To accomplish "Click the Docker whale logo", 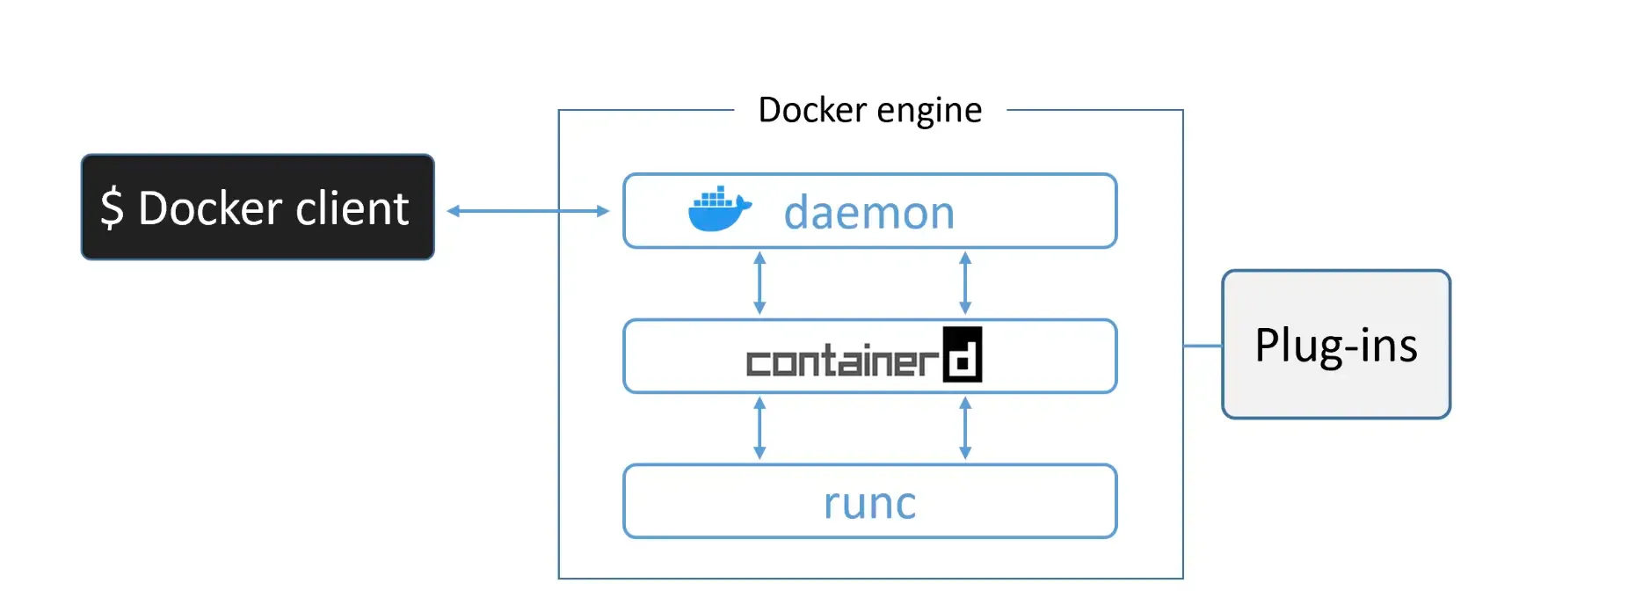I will point(718,210).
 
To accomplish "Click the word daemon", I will point(868,213).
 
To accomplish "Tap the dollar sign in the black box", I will point(112,208).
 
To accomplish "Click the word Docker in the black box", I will point(209,208).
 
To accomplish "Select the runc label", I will point(869,503).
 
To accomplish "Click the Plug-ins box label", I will point(1335,345).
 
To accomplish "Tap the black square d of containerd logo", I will point(963,355).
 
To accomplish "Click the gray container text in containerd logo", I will point(842,361).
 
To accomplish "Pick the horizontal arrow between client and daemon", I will point(527,211).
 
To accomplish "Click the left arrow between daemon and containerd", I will point(759,283).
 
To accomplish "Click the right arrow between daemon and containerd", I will point(965,283).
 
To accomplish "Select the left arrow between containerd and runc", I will point(759,428).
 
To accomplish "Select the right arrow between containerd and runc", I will point(965,428).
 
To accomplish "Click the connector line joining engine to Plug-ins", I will point(1203,346).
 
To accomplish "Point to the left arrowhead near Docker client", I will point(454,211).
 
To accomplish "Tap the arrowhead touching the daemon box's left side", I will point(603,211).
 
